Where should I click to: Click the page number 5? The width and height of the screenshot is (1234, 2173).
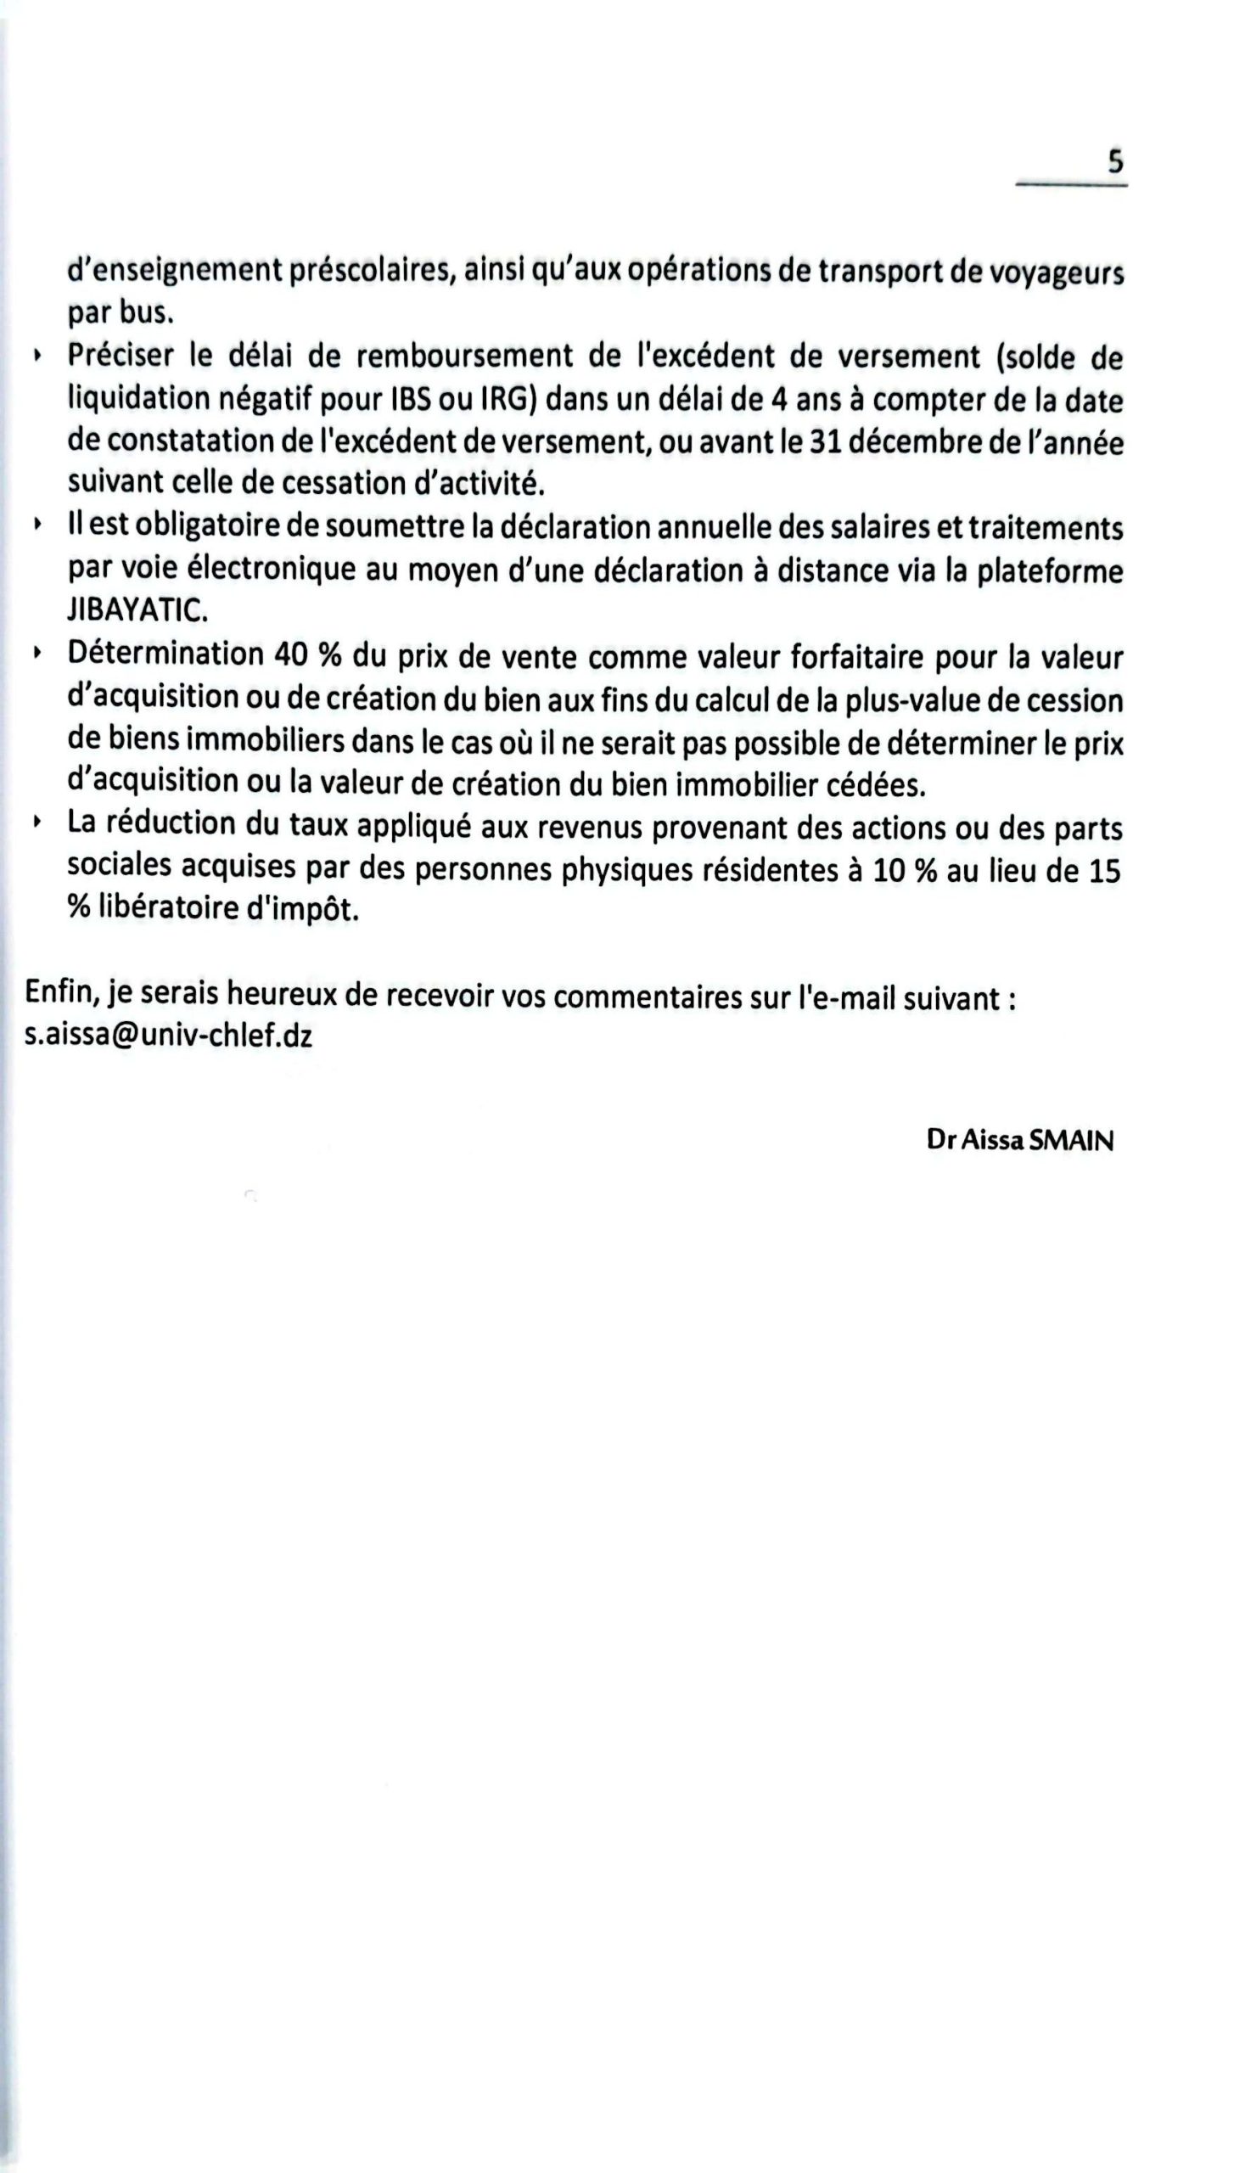1115,160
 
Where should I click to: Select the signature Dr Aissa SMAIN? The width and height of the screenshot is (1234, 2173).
1019,1141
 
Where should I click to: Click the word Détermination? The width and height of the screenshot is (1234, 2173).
165,654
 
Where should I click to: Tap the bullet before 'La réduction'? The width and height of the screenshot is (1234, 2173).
36,823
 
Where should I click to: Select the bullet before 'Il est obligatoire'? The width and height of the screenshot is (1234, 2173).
36,526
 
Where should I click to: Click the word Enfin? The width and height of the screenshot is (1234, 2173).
61,993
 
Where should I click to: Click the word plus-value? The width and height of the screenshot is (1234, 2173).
900,699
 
